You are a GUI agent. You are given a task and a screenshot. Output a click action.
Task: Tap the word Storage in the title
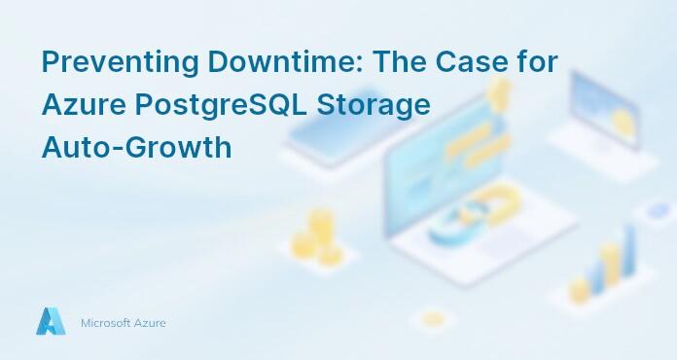(x=382, y=105)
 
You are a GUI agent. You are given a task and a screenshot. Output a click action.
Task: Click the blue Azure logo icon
(x=51, y=322)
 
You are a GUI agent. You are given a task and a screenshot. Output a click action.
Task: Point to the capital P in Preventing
(x=51, y=61)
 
